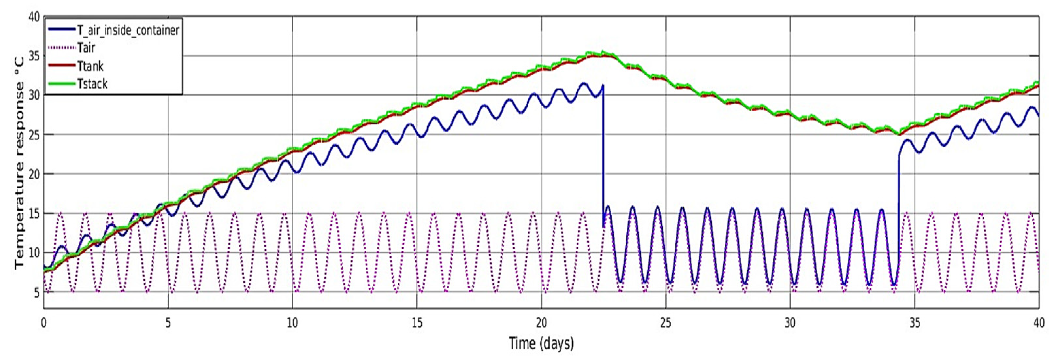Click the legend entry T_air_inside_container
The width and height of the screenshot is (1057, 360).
pyautogui.click(x=128, y=30)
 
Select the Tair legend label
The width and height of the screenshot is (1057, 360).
pyautogui.click(x=86, y=48)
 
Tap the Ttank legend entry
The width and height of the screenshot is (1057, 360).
pyautogui.click(x=90, y=66)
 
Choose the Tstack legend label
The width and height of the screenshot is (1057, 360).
pyautogui.click(x=92, y=84)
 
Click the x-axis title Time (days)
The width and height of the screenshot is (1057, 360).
pyautogui.click(x=541, y=343)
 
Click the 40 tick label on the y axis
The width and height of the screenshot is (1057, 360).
pyautogui.click(x=34, y=17)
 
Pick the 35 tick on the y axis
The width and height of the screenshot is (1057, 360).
pyautogui.click(x=34, y=56)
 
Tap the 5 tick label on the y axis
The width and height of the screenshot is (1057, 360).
pyautogui.click(x=36, y=292)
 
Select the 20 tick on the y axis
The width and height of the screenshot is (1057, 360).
pyautogui.click(x=34, y=174)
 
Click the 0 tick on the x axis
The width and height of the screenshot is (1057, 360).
pyautogui.click(x=44, y=323)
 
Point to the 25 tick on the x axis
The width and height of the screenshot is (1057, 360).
pyautogui.click(x=666, y=323)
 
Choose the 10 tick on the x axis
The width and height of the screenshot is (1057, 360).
pyautogui.click(x=292, y=323)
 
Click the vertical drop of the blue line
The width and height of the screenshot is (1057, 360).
pyautogui.click(x=603, y=156)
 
